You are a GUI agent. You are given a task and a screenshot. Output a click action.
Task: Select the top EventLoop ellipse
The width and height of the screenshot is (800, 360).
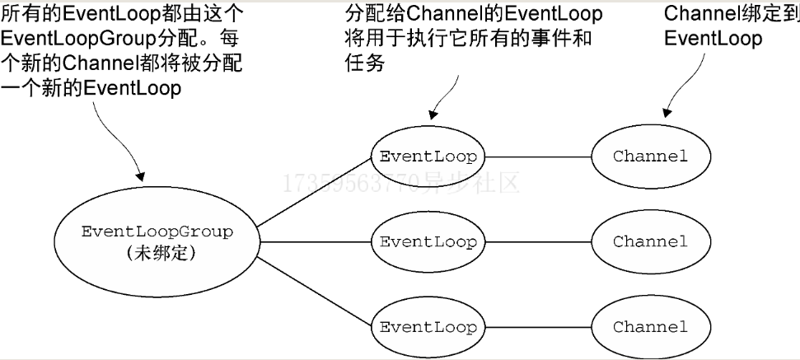[428, 157]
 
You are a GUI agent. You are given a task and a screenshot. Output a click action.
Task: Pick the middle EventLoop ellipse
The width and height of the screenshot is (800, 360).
[428, 242]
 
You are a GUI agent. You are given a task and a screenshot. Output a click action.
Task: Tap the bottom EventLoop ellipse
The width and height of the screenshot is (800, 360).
[428, 326]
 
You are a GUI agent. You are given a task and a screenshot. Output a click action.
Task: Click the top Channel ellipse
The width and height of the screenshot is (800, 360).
[649, 157]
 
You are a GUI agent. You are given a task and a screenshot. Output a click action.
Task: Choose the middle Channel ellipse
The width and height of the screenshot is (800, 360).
[649, 242]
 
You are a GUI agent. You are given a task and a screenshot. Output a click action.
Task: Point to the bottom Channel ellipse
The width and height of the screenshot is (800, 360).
[649, 326]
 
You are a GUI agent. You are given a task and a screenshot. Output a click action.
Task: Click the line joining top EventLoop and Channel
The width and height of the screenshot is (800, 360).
[538, 157]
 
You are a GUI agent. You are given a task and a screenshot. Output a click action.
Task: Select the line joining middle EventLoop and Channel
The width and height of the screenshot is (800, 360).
[538, 242]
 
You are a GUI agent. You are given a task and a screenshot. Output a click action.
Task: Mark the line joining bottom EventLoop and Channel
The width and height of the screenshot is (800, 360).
[538, 326]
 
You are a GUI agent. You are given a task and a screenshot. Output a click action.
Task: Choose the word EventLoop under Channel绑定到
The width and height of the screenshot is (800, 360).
[713, 39]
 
